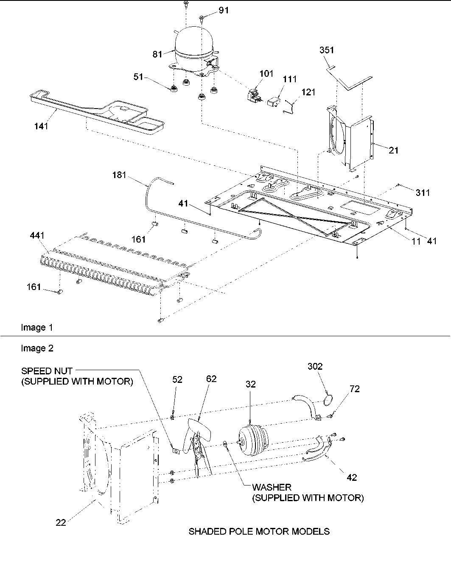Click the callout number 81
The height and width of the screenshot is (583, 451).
coord(157,54)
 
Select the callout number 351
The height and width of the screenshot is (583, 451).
coord(327,50)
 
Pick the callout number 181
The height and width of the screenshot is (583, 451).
coord(119,175)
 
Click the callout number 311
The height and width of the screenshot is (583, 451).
coord(423,193)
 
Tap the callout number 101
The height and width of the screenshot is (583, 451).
coord(266,74)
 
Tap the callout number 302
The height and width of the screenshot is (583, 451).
coord(315,366)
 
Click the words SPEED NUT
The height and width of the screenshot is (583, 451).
coord(47,371)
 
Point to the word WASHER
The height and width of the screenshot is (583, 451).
coord(272,487)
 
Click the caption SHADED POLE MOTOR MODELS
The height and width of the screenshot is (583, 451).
coord(259,531)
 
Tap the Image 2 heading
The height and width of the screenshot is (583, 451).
coord(37,348)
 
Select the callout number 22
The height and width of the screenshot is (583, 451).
coord(62,523)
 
